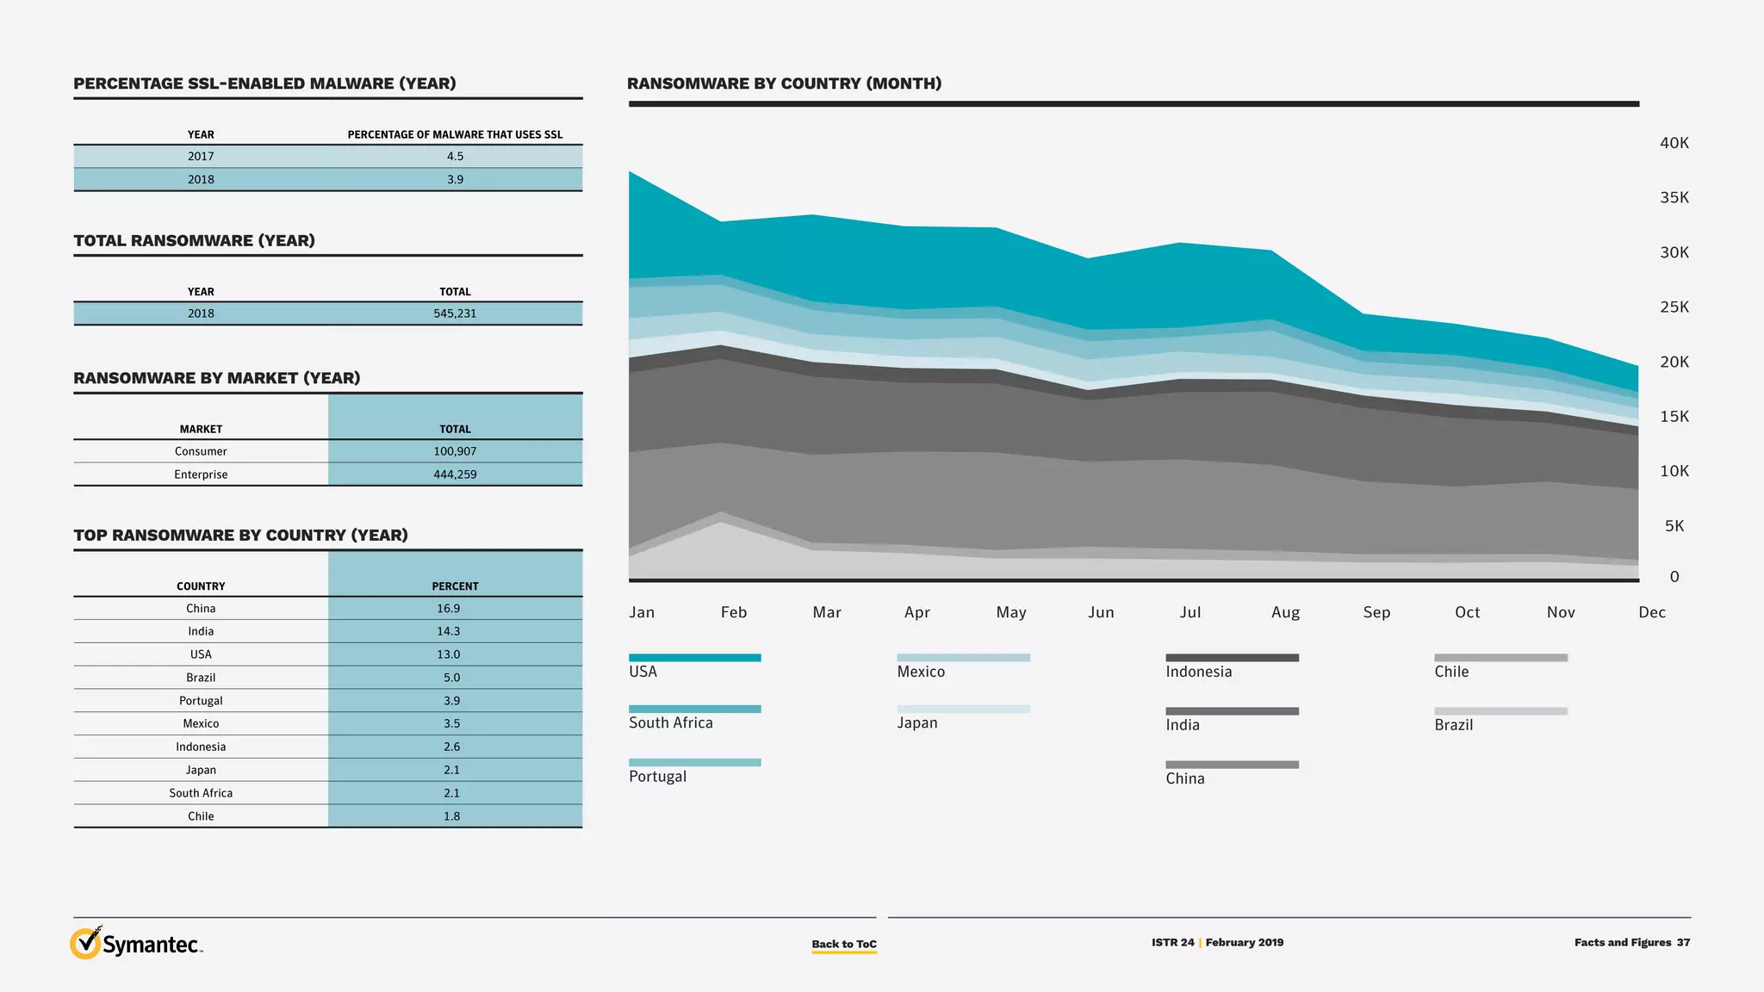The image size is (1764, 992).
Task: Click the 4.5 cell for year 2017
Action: [x=455, y=156]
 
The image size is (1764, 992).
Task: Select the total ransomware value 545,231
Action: [x=455, y=313]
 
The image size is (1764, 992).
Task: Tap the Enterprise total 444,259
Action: [x=455, y=474]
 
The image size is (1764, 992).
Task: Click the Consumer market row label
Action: [x=201, y=451]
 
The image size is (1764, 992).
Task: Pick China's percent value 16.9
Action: [x=448, y=608]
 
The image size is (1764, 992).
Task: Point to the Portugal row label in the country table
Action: [x=201, y=701]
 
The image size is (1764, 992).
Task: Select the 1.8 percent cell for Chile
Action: [x=451, y=816]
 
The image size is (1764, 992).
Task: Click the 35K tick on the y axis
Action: [x=1674, y=198]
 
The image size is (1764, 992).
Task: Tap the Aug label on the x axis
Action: [x=1285, y=612]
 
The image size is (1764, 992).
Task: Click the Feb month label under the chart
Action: [x=734, y=612]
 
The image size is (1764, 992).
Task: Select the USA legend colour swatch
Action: [x=694, y=658]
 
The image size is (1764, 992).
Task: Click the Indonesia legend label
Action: [x=1198, y=672]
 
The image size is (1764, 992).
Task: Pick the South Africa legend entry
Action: [x=670, y=722]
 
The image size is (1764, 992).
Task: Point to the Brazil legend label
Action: [x=1453, y=725]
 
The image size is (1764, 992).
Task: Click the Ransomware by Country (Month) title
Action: [x=784, y=84]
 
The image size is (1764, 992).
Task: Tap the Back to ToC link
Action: [x=843, y=944]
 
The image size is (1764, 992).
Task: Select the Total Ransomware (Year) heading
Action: [x=194, y=241]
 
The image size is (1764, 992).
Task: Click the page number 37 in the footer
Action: [x=1683, y=942]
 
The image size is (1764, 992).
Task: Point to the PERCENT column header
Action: [x=455, y=586]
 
